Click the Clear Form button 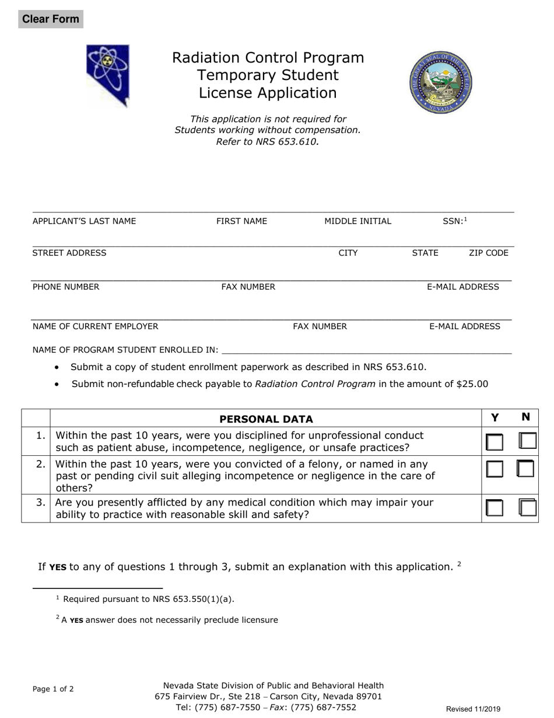(x=50, y=19)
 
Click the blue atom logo (x=108, y=75)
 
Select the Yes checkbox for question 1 (x=495, y=442)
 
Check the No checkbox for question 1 (x=527, y=441)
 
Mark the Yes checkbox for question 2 (x=495, y=469)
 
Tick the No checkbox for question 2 (x=526, y=468)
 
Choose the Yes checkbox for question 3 (x=495, y=508)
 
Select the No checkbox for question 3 (x=527, y=507)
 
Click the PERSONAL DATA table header (x=266, y=419)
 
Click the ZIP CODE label (x=489, y=253)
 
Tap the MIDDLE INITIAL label (x=358, y=221)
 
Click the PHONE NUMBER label (x=66, y=287)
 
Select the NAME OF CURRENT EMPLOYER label (x=95, y=326)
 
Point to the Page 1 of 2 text (x=53, y=689)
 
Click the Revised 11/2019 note (x=473, y=709)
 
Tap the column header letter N (x=525, y=417)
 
